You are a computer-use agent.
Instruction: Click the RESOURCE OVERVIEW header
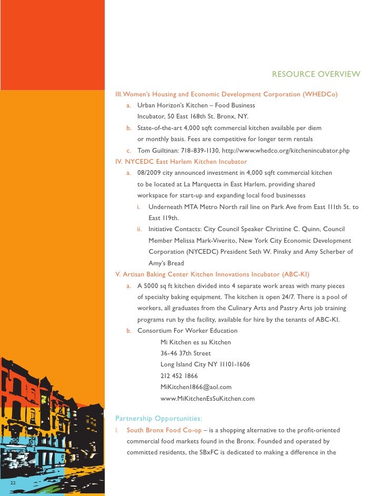tap(316, 74)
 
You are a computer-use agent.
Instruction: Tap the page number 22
tap(12, 482)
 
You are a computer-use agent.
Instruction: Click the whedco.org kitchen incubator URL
tap(295, 151)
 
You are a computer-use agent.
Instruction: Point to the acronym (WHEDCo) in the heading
tap(320, 94)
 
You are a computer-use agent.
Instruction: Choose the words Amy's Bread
tap(166, 263)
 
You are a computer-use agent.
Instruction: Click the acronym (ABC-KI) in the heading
tap(296, 274)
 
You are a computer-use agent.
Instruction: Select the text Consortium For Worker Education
tap(187, 331)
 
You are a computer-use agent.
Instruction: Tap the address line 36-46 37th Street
tap(186, 353)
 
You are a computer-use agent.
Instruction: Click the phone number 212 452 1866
tap(179, 376)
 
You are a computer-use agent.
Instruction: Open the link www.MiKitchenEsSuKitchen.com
tap(207, 399)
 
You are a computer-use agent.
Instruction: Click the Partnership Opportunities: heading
tap(158, 419)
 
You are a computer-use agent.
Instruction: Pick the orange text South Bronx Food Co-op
tap(164, 430)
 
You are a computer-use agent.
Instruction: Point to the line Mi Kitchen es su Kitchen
tap(196, 342)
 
